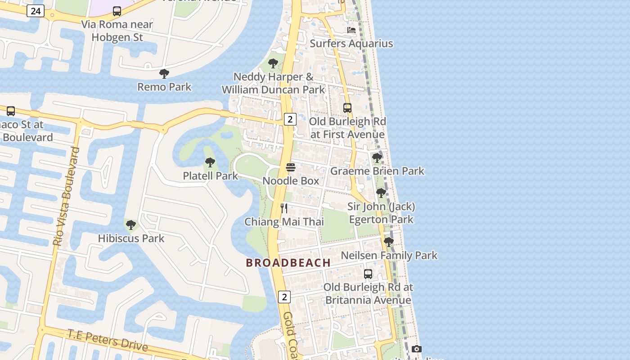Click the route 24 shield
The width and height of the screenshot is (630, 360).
click(35, 11)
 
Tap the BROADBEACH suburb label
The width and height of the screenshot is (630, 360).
click(288, 263)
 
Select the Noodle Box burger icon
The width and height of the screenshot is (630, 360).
click(291, 168)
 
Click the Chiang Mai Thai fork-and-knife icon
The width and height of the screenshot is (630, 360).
click(284, 208)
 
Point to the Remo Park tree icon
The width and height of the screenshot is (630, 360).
click(164, 73)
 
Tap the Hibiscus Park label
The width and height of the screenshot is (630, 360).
click(131, 238)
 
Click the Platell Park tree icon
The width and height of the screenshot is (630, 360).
click(210, 162)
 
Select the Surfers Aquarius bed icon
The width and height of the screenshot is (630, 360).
click(351, 30)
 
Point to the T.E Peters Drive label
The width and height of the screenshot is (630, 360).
click(108, 340)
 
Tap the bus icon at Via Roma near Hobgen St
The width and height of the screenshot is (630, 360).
click(117, 11)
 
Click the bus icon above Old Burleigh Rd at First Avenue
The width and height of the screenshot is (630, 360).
click(347, 108)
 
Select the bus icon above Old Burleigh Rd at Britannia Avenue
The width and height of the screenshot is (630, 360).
click(368, 274)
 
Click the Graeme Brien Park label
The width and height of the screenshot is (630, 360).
click(377, 171)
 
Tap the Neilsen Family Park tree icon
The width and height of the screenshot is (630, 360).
click(389, 242)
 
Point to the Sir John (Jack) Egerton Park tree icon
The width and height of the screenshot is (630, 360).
click(381, 193)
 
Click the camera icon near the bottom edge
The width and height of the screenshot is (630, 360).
click(417, 349)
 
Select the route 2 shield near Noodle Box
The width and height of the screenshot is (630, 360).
click(290, 119)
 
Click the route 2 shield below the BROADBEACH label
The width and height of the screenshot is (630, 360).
click(284, 297)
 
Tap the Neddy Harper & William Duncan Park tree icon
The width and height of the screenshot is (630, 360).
click(273, 63)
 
